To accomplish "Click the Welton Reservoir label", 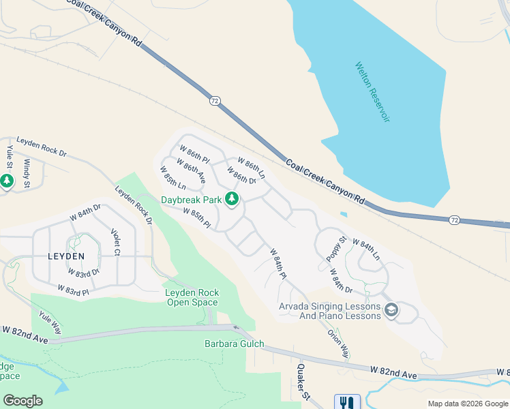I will click(x=372, y=92).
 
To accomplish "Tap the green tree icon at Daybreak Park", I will click(x=232, y=199).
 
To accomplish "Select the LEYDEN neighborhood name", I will click(x=65, y=256).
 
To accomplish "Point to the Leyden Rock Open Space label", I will click(x=192, y=297).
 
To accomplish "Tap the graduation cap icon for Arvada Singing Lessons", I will click(x=391, y=311).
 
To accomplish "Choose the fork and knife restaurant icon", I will click(x=347, y=403).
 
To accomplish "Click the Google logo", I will click(x=22, y=401).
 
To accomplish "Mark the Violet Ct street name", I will click(x=115, y=242).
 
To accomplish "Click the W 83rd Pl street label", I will click(x=73, y=291).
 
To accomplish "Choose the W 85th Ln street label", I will click(x=173, y=179).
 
